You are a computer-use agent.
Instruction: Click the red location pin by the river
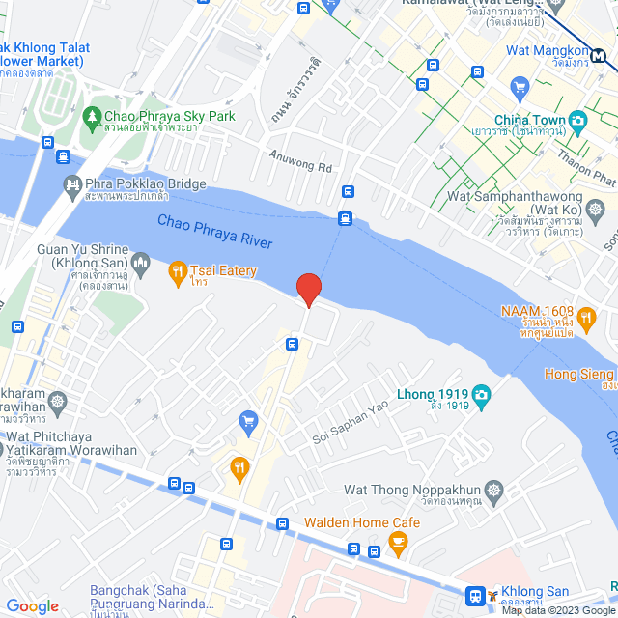(308, 289)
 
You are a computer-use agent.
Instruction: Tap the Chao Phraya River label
(215, 233)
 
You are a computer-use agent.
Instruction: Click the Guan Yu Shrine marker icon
(141, 261)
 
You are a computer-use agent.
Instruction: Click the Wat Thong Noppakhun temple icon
(494, 491)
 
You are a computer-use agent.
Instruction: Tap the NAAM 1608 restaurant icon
(585, 316)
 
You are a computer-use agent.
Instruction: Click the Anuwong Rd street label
(300, 159)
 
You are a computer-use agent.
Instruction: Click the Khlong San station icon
(476, 596)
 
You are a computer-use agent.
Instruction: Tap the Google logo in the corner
(32, 605)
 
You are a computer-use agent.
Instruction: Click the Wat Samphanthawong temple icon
(596, 209)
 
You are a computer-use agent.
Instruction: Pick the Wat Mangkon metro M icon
(602, 55)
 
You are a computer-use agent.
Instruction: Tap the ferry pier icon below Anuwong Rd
(345, 218)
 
